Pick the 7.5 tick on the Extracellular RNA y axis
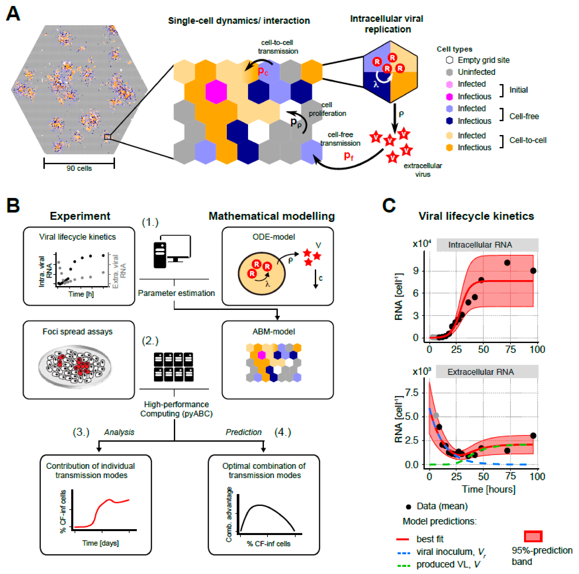coord(412,392)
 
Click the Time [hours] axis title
coord(488,489)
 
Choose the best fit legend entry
coord(429,539)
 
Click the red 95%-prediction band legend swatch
coord(533,536)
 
